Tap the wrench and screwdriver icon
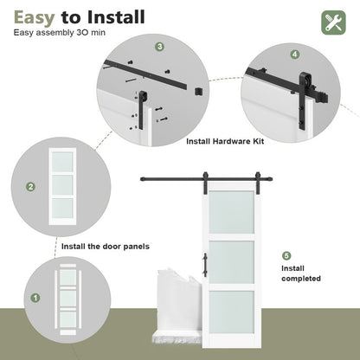[333, 22]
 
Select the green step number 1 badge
[35, 298]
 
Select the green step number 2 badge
[31, 186]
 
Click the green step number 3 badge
[159, 47]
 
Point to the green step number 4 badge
[295, 54]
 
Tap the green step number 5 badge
[286, 255]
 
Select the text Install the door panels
[105, 247]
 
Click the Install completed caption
[301, 273]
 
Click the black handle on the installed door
[205, 264]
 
